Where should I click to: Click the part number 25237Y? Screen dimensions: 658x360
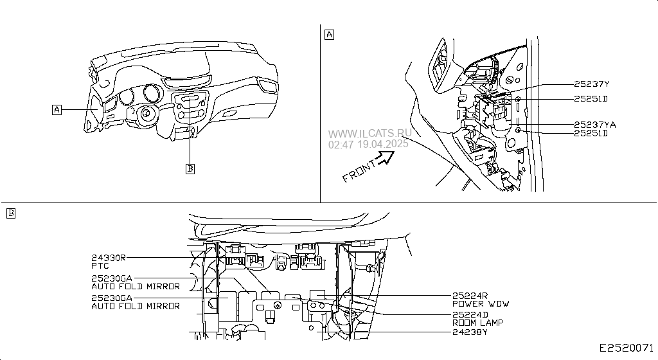[591, 84]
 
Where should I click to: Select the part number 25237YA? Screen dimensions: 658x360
[594, 125]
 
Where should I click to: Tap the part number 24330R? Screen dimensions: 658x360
[108, 258]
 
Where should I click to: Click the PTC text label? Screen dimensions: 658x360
[100, 266]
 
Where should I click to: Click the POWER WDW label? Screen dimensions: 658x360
[481, 304]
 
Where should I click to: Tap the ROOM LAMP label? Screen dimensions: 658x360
[477, 323]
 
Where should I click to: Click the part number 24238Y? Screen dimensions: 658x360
[470, 332]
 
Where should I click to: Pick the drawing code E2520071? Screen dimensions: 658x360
[626, 348]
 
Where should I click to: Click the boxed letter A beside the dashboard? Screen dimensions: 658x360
[57, 110]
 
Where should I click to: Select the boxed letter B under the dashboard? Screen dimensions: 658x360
[190, 168]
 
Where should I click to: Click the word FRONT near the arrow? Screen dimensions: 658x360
[359, 171]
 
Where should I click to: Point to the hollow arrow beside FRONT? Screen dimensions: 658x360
[385, 157]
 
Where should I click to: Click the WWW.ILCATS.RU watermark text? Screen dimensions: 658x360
[369, 134]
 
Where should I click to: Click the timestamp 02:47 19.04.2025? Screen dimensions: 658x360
[368, 145]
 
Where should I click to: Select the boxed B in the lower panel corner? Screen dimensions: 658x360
[11, 213]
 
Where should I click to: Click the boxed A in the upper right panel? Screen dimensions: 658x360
[330, 35]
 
